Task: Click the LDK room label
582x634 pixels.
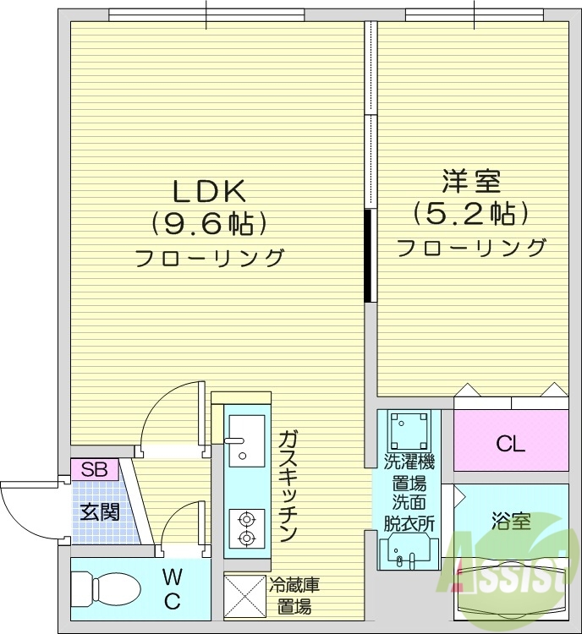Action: pyautogui.click(x=209, y=189)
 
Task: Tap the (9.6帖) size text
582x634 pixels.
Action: pyautogui.click(x=209, y=222)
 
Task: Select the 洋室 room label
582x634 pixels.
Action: pyautogui.click(x=471, y=181)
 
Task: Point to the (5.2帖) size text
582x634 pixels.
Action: pyautogui.click(x=471, y=212)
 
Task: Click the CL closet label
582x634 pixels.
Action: pyautogui.click(x=510, y=443)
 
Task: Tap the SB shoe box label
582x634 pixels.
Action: pyautogui.click(x=95, y=469)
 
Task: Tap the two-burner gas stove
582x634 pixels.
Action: pyautogui.click(x=246, y=527)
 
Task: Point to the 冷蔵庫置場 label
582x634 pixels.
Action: pyautogui.click(x=294, y=595)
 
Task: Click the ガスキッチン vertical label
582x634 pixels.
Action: pyautogui.click(x=287, y=486)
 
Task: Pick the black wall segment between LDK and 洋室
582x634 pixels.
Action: pyautogui.click(x=368, y=255)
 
